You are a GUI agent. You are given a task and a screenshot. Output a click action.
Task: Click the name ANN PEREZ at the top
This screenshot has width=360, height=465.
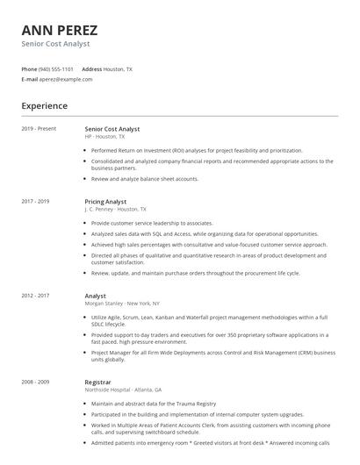(x=59, y=30)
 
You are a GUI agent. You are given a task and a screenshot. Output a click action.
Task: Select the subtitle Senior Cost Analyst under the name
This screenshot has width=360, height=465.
(x=55, y=44)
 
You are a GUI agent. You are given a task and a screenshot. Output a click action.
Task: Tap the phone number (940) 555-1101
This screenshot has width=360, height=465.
(x=56, y=68)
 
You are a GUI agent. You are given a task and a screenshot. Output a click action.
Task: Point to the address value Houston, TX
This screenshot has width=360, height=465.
(x=118, y=68)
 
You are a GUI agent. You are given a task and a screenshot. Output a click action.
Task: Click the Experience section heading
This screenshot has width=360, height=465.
(x=44, y=106)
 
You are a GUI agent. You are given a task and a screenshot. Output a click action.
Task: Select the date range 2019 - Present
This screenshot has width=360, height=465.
(x=39, y=129)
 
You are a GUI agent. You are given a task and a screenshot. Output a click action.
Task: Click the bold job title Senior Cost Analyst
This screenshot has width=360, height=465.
(x=112, y=129)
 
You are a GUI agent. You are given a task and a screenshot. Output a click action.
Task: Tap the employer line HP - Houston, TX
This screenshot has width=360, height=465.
(x=105, y=137)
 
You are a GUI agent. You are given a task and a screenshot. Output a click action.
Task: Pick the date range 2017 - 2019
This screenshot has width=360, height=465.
(x=35, y=202)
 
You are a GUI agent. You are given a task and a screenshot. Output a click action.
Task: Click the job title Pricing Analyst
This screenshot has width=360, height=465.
(x=105, y=202)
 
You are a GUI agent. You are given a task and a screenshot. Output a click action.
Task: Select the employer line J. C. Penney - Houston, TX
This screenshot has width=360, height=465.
(x=116, y=210)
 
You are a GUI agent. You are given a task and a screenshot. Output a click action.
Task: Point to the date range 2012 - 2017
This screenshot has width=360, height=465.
(x=35, y=296)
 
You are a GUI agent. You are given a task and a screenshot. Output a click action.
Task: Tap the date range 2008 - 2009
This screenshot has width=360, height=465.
(x=35, y=383)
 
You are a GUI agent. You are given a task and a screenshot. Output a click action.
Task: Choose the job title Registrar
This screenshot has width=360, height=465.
(x=98, y=383)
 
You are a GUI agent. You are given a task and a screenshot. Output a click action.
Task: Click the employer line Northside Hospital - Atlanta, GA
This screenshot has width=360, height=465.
(x=123, y=390)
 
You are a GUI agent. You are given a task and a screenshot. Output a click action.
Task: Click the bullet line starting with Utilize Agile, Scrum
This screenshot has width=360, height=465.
(x=209, y=317)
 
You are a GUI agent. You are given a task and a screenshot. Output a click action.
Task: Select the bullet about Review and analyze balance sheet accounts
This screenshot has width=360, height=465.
(x=145, y=179)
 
